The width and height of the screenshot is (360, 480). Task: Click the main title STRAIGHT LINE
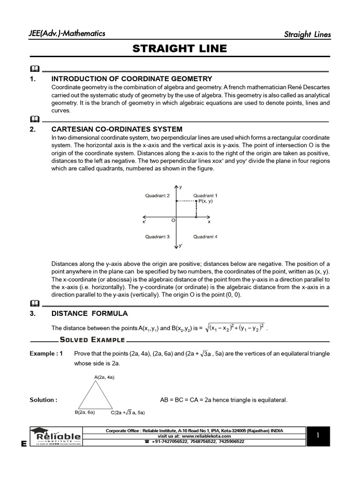pyautogui.click(x=180, y=49)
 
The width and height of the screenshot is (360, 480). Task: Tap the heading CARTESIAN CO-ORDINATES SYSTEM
pyautogui.click(x=117, y=129)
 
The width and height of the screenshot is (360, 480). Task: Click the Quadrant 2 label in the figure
pyautogui.click(x=157, y=195)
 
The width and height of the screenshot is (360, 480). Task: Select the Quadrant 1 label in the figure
pyautogui.click(x=205, y=195)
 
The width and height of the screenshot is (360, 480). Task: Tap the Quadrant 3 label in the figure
pyautogui.click(x=157, y=237)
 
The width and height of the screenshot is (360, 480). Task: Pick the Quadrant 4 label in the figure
pyautogui.click(x=205, y=237)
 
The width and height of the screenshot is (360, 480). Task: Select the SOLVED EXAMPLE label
pyautogui.click(x=92, y=340)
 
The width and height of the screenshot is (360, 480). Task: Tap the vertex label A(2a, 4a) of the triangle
pyautogui.click(x=105, y=376)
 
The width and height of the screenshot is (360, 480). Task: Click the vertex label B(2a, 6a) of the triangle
pyautogui.click(x=85, y=412)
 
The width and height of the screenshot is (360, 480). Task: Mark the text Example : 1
pyautogui.click(x=45, y=353)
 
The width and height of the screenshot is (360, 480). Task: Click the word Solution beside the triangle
pyautogui.click(x=43, y=400)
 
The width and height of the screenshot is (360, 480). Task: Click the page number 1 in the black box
pyautogui.click(x=317, y=435)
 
